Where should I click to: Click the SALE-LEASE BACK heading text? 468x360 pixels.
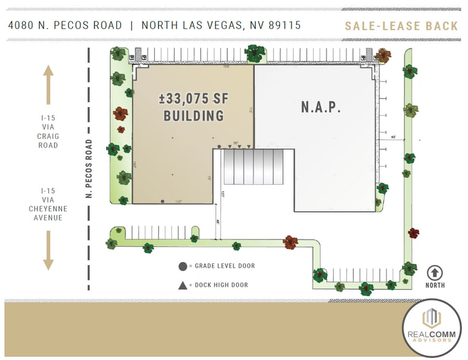coord(401,26)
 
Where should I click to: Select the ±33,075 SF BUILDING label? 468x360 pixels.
coord(192,106)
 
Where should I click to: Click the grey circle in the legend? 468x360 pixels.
coord(183,266)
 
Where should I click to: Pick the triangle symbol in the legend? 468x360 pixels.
coord(183,285)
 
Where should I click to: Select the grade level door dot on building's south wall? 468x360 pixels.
coord(162,201)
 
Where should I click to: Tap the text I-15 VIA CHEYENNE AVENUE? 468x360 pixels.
coord(48,204)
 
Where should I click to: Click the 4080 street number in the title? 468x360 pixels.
coord(23,26)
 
